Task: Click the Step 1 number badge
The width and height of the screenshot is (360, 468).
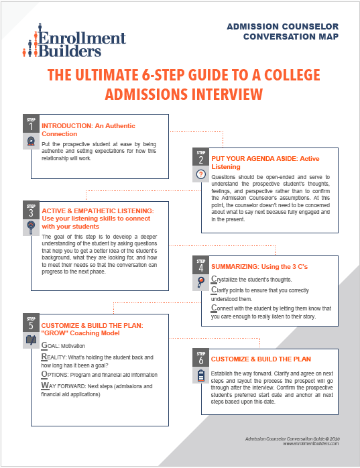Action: [31, 123]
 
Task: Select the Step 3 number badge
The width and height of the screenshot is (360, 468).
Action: [31, 209]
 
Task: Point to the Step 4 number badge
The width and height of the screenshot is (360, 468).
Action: [200, 264]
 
